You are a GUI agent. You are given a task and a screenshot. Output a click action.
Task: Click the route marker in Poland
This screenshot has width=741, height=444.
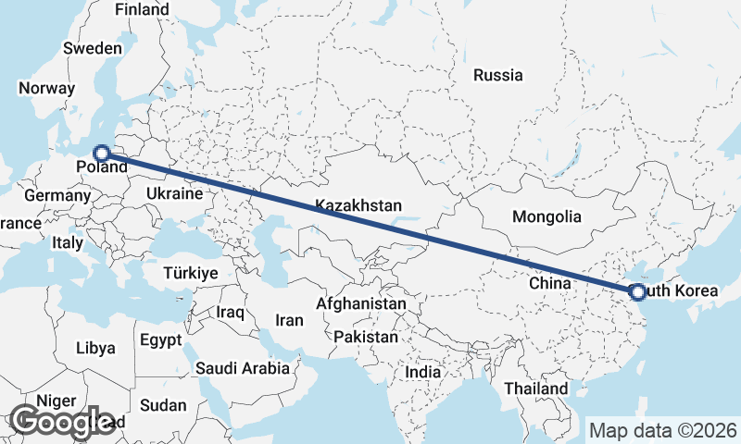coord(102,154)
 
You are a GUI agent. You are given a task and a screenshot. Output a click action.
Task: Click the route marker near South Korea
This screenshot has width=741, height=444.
coord(637,292)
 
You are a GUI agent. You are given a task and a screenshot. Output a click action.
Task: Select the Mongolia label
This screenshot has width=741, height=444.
coord(547,217)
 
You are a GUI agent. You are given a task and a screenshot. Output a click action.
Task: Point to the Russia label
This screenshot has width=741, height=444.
coord(497,76)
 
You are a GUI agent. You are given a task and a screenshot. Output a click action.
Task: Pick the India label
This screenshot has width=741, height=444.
coord(423,372)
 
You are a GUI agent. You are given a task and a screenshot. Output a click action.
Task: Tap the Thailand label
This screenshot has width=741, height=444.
coord(536,389)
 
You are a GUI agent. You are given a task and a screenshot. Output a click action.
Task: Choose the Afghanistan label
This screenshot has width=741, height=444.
coord(360,303)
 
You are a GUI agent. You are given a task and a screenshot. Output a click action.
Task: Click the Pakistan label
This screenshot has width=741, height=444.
coord(367,337)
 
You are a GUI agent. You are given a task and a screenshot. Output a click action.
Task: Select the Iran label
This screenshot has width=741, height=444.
coord(290,320)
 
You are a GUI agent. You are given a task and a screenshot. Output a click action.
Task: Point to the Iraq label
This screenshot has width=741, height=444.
coord(230,313)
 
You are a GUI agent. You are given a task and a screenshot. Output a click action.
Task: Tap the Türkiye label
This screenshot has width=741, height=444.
coord(190,273)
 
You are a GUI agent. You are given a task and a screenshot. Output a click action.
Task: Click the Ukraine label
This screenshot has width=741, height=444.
coord(173,194)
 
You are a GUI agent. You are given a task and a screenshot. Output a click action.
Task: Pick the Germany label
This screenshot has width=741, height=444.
coord(57,196)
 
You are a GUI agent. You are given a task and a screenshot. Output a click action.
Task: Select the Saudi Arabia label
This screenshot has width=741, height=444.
coord(243,368)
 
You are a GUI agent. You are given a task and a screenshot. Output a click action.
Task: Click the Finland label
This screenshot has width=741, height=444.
coord(143,10)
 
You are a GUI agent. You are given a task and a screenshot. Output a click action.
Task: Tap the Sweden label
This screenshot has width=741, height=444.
coord(92,48)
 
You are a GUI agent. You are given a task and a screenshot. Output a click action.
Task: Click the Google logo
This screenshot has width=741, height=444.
coord(63,421)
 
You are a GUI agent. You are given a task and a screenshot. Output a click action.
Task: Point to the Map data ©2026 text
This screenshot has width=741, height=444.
coord(662,430)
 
